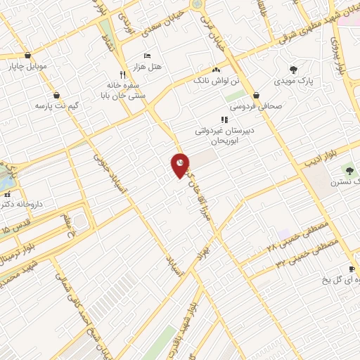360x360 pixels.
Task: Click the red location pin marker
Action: (x=179, y=165)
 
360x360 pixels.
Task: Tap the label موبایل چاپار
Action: (x=27, y=67)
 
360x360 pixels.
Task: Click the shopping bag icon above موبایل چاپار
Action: (x=27, y=56)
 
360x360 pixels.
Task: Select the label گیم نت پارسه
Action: (x=54, y=105)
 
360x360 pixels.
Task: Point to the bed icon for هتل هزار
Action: (x=147, y=56)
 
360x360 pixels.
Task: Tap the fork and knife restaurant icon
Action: (x=122, y=73)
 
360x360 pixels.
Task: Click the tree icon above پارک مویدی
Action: (x=294, y=70)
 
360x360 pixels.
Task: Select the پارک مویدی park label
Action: (x=295, y=82)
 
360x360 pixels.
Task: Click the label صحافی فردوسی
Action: (x=259, y=106)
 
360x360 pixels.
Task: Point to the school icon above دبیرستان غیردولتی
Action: (x=224, y=119)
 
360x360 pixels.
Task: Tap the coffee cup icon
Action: (x=352, y=269)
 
